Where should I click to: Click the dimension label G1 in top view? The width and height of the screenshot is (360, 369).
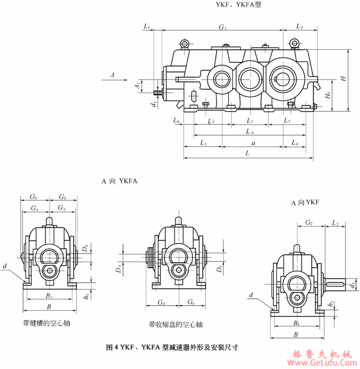(223, 27)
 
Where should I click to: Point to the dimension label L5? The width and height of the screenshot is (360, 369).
(299, 26)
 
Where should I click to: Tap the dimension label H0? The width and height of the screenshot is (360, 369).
(328, 96)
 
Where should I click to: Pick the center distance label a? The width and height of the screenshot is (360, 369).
(253, 143)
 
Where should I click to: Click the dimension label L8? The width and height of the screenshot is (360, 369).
(176, 120)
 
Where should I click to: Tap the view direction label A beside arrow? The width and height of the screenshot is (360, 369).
(112, 74)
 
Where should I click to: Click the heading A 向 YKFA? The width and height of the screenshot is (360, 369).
(120, 181)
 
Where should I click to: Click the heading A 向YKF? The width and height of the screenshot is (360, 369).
(307, 203)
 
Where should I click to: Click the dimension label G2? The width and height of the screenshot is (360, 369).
(309, 223)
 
